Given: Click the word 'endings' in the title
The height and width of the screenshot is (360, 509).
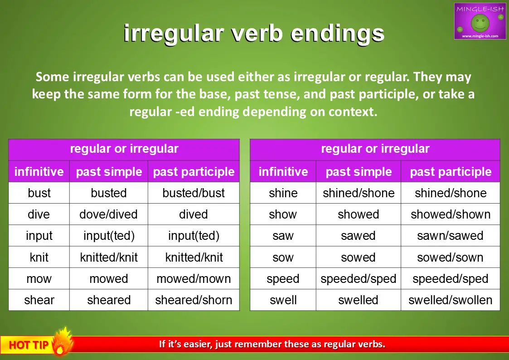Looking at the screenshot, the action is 337,34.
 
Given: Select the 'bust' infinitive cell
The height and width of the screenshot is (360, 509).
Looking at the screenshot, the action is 39,193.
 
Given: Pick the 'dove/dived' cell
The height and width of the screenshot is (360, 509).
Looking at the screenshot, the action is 108,214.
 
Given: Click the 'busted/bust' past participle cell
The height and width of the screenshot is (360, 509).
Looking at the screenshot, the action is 194,193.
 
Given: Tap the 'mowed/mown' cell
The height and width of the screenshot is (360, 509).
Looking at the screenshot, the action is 194,278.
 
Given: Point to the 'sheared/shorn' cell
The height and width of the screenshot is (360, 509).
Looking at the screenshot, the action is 194,300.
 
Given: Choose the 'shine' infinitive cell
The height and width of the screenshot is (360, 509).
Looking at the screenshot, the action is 283,193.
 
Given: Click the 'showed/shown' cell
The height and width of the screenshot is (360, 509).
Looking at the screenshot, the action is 450,214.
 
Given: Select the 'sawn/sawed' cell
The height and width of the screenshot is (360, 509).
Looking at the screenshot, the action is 450,236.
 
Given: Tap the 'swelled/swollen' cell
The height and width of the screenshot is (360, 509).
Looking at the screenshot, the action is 450,300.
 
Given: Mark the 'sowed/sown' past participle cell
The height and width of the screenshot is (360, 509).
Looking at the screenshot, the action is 450,257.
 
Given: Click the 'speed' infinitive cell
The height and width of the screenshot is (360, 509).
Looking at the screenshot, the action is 283,278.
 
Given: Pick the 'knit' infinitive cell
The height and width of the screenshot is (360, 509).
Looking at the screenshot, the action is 39,257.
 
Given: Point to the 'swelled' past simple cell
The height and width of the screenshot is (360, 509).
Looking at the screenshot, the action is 359,300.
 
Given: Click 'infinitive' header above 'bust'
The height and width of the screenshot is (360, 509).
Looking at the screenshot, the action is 39,171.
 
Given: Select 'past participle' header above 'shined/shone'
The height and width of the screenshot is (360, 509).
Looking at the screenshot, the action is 451,172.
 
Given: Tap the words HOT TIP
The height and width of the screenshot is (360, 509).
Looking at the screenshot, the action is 29,345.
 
